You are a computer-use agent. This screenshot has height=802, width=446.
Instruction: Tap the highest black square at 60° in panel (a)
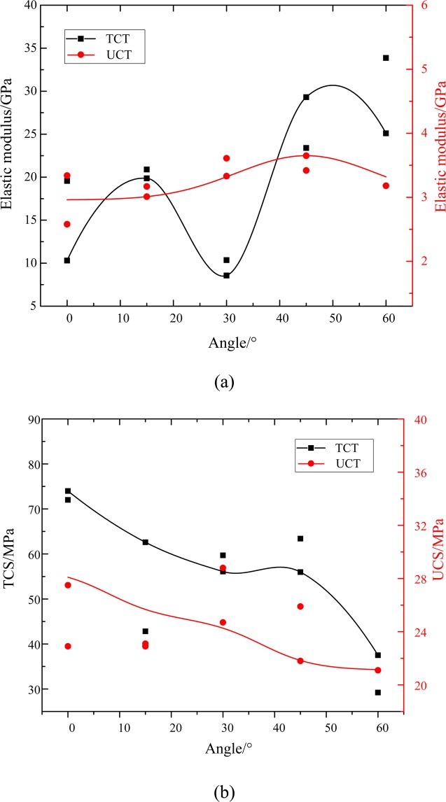[386, 58]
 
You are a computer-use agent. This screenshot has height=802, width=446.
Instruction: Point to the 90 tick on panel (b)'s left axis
[29, 419]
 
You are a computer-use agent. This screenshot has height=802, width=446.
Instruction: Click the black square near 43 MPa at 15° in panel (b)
[146, 631]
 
